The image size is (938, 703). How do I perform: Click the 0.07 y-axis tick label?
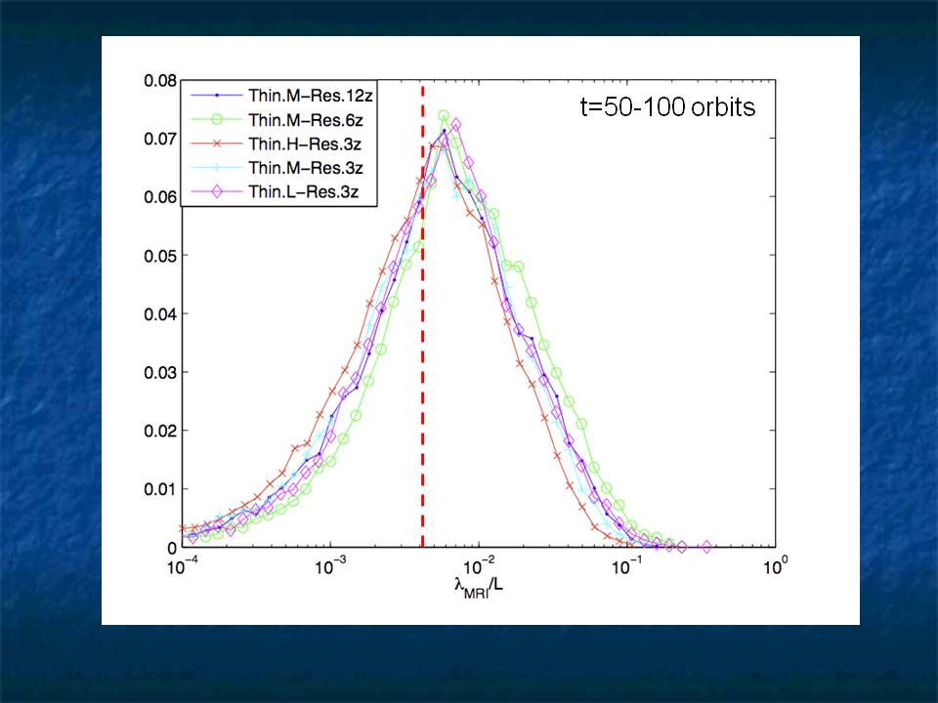point(157,139)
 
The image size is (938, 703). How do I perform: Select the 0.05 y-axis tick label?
point(157,256)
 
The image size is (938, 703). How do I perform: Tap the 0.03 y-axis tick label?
point(157,372)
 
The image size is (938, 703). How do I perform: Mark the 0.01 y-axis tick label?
point(157,489)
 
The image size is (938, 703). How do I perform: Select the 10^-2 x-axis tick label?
point(479,567)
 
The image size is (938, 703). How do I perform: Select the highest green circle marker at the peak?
point(444,116)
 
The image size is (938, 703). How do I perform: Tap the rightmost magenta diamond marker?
point(706,547)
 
